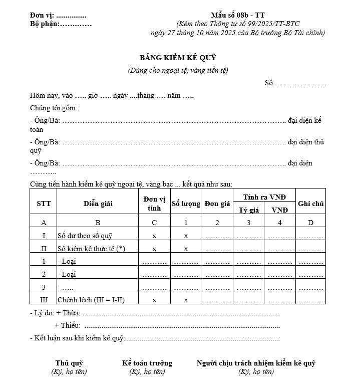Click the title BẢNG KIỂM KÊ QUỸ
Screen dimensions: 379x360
point(178,58)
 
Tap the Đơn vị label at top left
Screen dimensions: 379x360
point(42,16)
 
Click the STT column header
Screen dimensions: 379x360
point(44,204)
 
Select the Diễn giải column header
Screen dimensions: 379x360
point(98,204)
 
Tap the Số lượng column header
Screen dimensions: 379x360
point(186,204)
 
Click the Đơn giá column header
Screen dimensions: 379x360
point(217,204)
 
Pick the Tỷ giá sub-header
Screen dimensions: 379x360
point(249,210)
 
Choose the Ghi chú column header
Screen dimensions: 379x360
point(310,204)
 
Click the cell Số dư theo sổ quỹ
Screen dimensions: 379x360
point(85,236)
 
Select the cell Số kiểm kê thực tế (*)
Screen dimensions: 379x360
point(91,248)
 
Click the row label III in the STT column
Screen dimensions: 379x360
point(44,300)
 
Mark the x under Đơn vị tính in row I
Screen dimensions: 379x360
point(154,236)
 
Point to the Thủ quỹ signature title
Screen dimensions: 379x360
point(69,363)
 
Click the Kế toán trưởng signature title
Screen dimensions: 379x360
point(147,363)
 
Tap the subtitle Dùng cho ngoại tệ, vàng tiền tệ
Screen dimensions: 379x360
point(178,70)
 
